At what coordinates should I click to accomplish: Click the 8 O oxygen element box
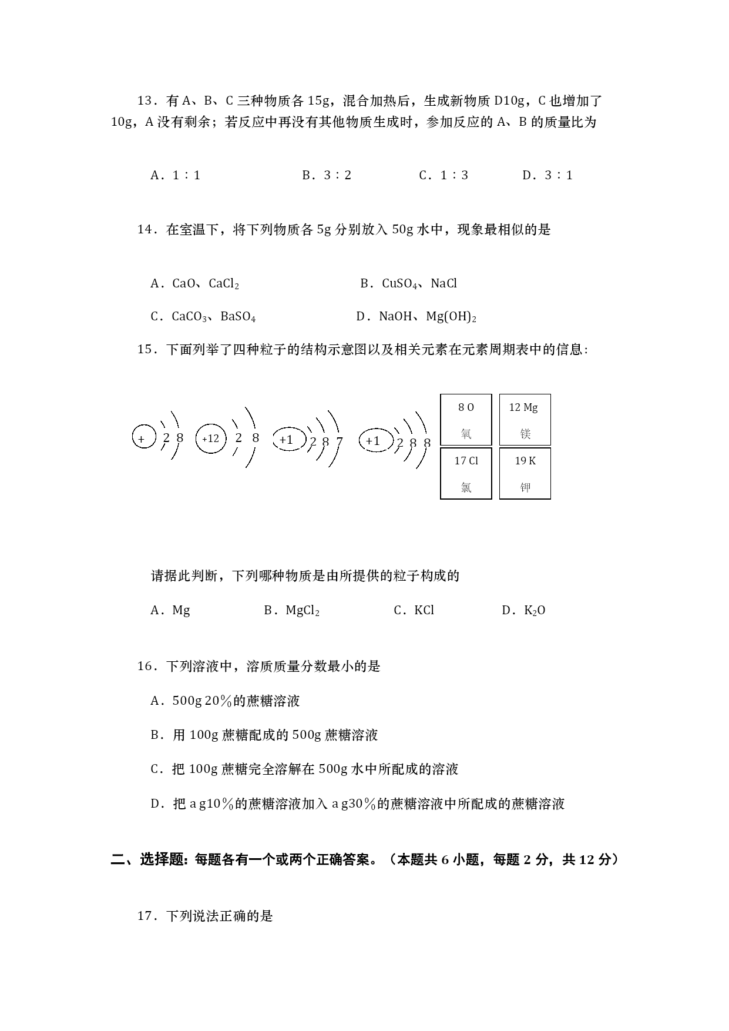coord(466,420)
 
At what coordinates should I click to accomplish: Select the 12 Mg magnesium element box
coord(525,420)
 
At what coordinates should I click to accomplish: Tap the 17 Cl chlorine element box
coord(466,474)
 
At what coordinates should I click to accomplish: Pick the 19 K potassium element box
coord(525,474)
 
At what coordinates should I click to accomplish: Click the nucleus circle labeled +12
coord(210,438)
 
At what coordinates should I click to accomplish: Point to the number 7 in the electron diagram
coord(339,441)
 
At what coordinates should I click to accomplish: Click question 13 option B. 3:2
coord(327,175)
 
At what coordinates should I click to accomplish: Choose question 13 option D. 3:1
coord(547,175)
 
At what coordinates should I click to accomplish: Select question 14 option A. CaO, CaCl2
coord(194,284)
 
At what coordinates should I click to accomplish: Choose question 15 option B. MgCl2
coord(291,611)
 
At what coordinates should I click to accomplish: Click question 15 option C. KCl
coord(414,611)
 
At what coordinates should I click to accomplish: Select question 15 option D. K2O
coord(523,611)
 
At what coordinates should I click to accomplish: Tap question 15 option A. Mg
coord(170,611)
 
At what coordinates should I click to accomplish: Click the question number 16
coord(145,667)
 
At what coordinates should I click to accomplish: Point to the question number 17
coord(145,916)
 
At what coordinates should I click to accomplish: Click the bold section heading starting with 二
coord(364,860)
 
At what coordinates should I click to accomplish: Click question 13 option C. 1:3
coord(444,175)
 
